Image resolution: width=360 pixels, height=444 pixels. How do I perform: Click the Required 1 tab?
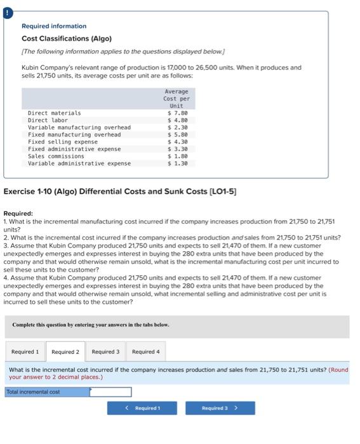(25, 351)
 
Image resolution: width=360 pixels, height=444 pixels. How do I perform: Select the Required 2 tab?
(65, 351)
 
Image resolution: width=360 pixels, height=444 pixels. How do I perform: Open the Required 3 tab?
(105, 351)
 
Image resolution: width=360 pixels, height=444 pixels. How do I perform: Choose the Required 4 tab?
(145, 351)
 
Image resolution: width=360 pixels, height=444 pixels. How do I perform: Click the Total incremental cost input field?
(110, 392)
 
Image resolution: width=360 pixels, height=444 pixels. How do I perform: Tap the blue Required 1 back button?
(142, 408)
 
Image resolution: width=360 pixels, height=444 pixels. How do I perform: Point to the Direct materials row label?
(54, 113)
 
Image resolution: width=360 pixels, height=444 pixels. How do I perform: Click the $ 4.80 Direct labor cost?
(177, 120)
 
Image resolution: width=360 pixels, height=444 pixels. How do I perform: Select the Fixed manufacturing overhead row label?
(74, 134)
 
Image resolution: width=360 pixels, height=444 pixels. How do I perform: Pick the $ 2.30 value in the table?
(177, 127)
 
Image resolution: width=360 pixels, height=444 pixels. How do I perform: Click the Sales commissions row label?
(56, 156)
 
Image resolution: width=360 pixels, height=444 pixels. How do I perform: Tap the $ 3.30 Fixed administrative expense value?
(177, 149)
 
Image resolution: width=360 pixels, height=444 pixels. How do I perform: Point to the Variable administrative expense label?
(79, 164)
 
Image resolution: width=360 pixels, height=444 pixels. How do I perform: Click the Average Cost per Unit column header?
(177, 98)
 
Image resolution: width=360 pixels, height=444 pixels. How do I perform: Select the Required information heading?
(54, 26)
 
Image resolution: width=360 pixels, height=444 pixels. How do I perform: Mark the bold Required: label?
(18, 214)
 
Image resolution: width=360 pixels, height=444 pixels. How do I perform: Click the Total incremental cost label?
(33, 392)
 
